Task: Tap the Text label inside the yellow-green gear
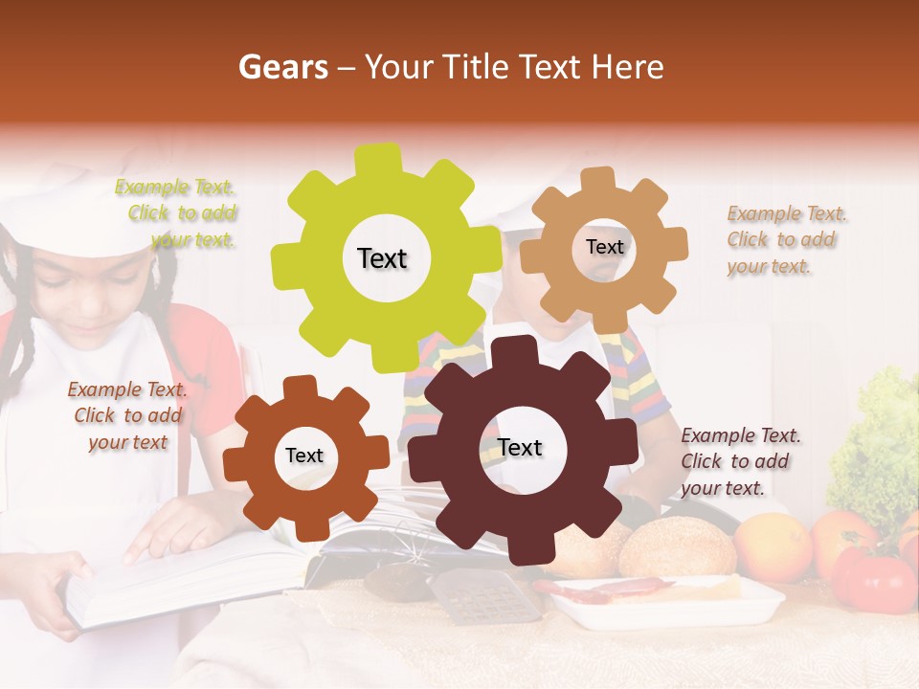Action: point(382,258)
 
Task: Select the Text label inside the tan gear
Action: point(604,247)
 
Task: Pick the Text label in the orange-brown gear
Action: point(304,456)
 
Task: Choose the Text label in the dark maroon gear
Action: point(520,448)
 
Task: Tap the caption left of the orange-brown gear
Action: point(127,415)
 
